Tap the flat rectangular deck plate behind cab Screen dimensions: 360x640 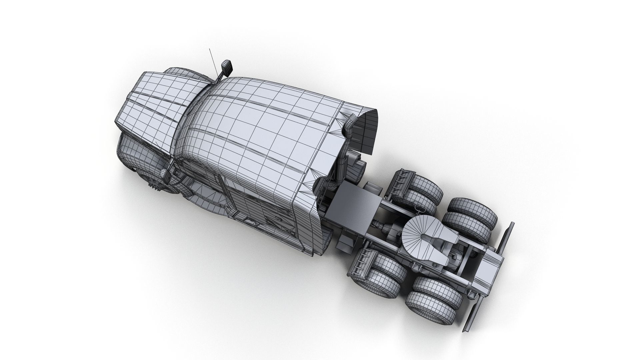click(353, 200)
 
